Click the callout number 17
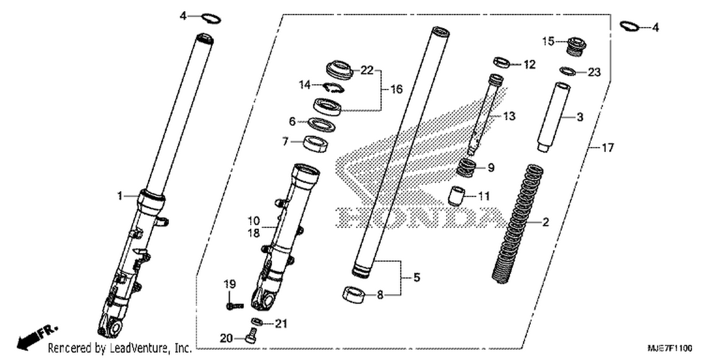pos(608,148)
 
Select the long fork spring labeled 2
pos(517,224)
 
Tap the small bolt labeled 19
pos(235,306)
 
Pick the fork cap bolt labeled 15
pos(576,47)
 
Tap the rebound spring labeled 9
pos(467,168)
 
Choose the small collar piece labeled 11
pos(457,196)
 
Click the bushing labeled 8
pos(354,295)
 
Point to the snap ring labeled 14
pos(333,87)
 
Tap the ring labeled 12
pos(502,63)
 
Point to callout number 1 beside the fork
pos(120,196)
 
